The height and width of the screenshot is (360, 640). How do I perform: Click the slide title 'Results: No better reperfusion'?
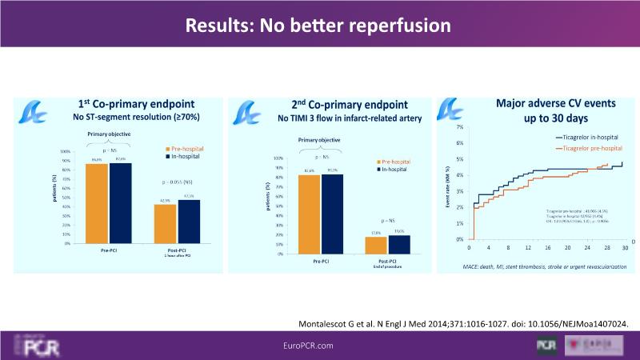click(319, 26)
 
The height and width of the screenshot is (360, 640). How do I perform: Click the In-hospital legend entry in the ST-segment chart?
click(185, 156)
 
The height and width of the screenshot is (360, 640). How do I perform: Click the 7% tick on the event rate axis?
click(459, 127)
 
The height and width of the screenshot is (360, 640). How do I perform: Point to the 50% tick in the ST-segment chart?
click(65, 197)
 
